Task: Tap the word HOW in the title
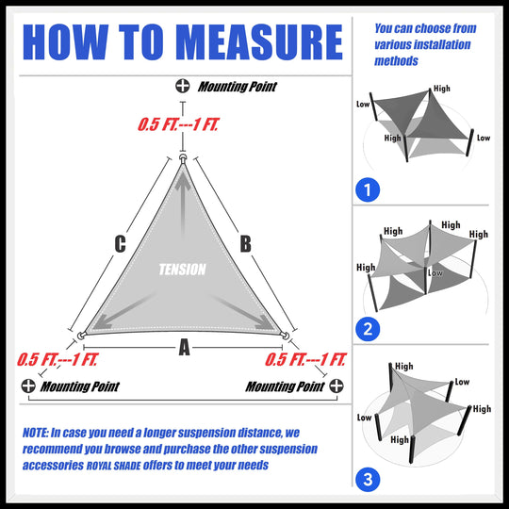63,41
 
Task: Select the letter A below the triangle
184,348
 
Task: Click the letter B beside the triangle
245,244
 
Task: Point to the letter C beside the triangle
120,244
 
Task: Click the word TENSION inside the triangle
182,270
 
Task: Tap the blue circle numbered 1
369,190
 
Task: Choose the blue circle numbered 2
369,329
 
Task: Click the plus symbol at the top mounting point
182,87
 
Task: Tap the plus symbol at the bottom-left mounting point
28,386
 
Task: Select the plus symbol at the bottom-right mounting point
337,386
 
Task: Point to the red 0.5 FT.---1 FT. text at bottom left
56,359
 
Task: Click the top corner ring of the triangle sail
184,159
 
